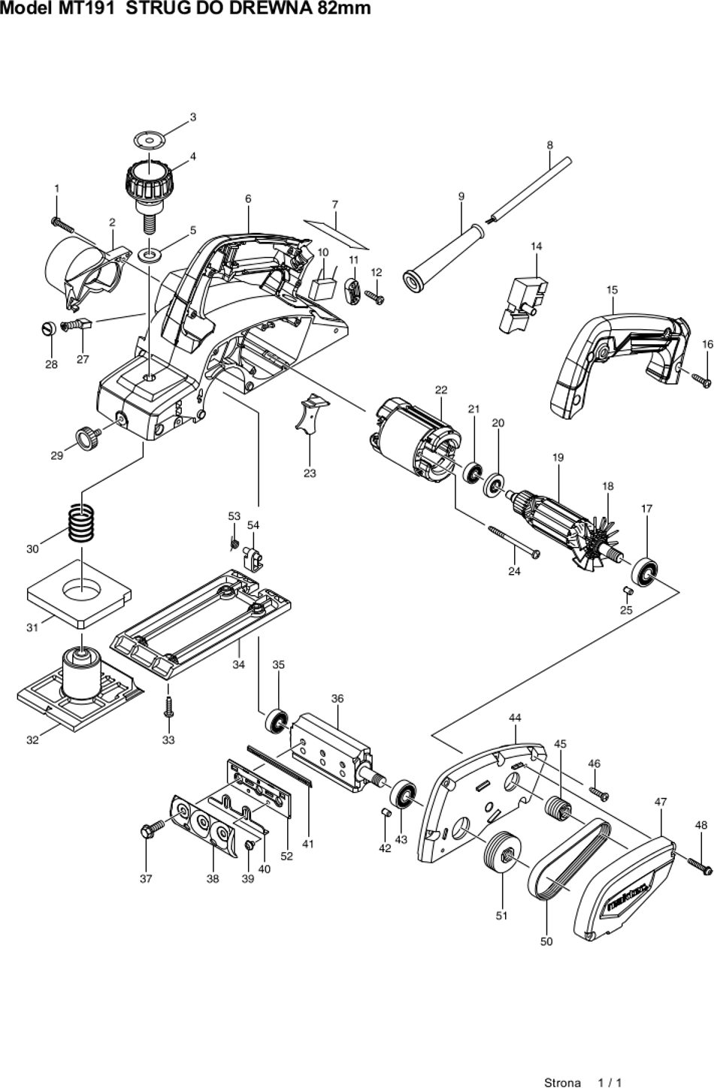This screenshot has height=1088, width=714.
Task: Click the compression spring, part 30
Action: (81, 522)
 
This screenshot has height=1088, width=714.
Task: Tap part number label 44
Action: (515, 718)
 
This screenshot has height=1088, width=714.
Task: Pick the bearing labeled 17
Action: (645, 573)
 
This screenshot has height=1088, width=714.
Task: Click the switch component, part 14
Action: (522, 304)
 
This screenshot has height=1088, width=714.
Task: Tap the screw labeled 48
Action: (700, 865)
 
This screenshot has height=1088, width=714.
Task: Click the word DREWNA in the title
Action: (274, 8)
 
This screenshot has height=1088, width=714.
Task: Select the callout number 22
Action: (441, 389)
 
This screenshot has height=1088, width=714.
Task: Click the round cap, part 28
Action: (49, 328)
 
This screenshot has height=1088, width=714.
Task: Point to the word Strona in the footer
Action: (562, 1082)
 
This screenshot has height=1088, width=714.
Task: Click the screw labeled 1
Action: (62, 225)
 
